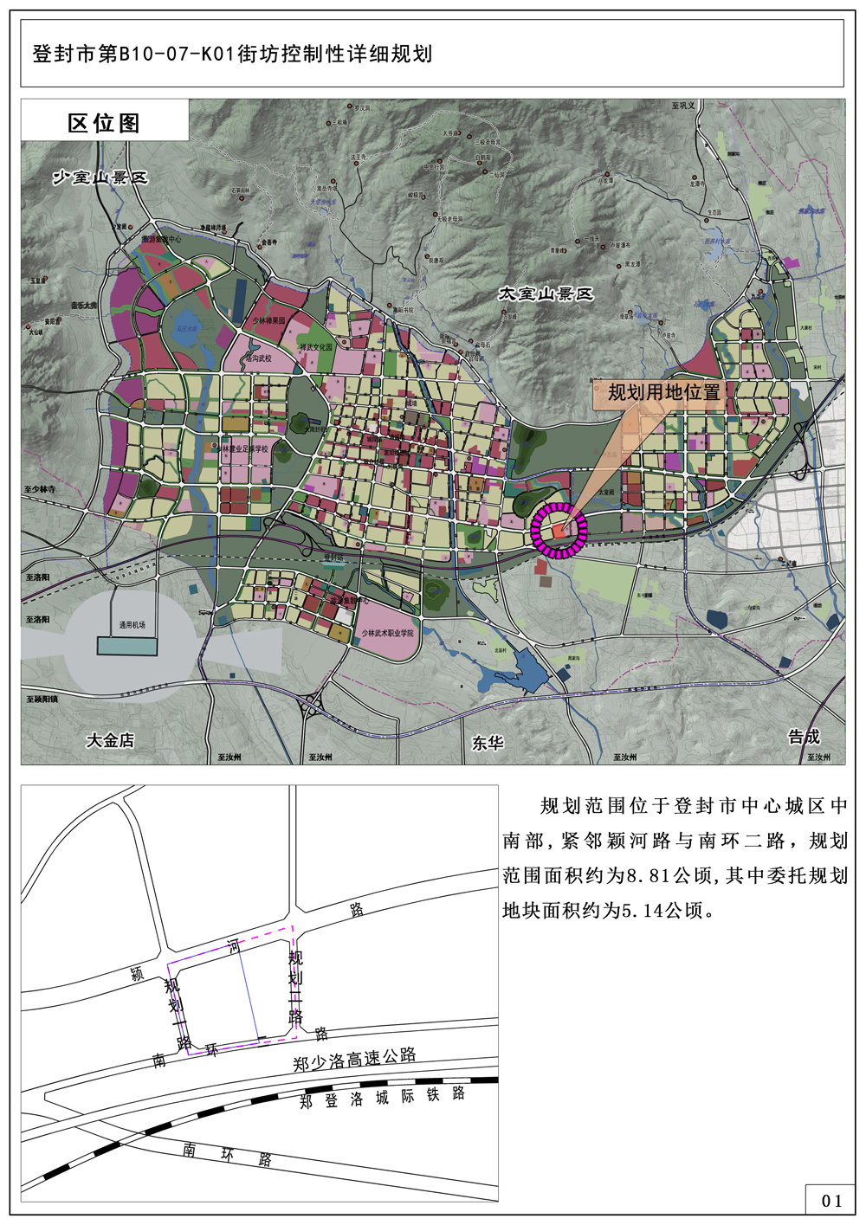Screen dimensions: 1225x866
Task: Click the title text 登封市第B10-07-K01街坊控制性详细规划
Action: (232, 54)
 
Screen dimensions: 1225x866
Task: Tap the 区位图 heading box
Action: (104, 122)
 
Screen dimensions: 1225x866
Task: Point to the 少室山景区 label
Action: (100, 177)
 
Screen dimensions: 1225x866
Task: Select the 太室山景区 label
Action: (546, 294)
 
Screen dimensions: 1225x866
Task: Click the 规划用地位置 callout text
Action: (664, 392)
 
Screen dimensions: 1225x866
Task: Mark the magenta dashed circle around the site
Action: (559, 530)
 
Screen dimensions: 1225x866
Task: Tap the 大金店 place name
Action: (110, 740)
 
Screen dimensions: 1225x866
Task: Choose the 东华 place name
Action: (488, 743)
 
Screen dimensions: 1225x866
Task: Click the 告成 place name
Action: (804, 737)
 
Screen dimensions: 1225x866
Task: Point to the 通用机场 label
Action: (132, 624)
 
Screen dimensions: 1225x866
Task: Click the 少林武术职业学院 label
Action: (387, 633)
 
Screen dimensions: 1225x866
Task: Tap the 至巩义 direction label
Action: (683, 106)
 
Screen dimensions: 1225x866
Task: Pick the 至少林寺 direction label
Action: (40, 489)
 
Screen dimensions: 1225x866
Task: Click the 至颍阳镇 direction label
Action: (42, 699)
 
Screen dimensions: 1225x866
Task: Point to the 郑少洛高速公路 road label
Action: (354, 1059)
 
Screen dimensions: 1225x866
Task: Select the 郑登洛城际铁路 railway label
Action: (382, 1098)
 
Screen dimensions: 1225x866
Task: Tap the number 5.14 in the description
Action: (644, 911)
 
